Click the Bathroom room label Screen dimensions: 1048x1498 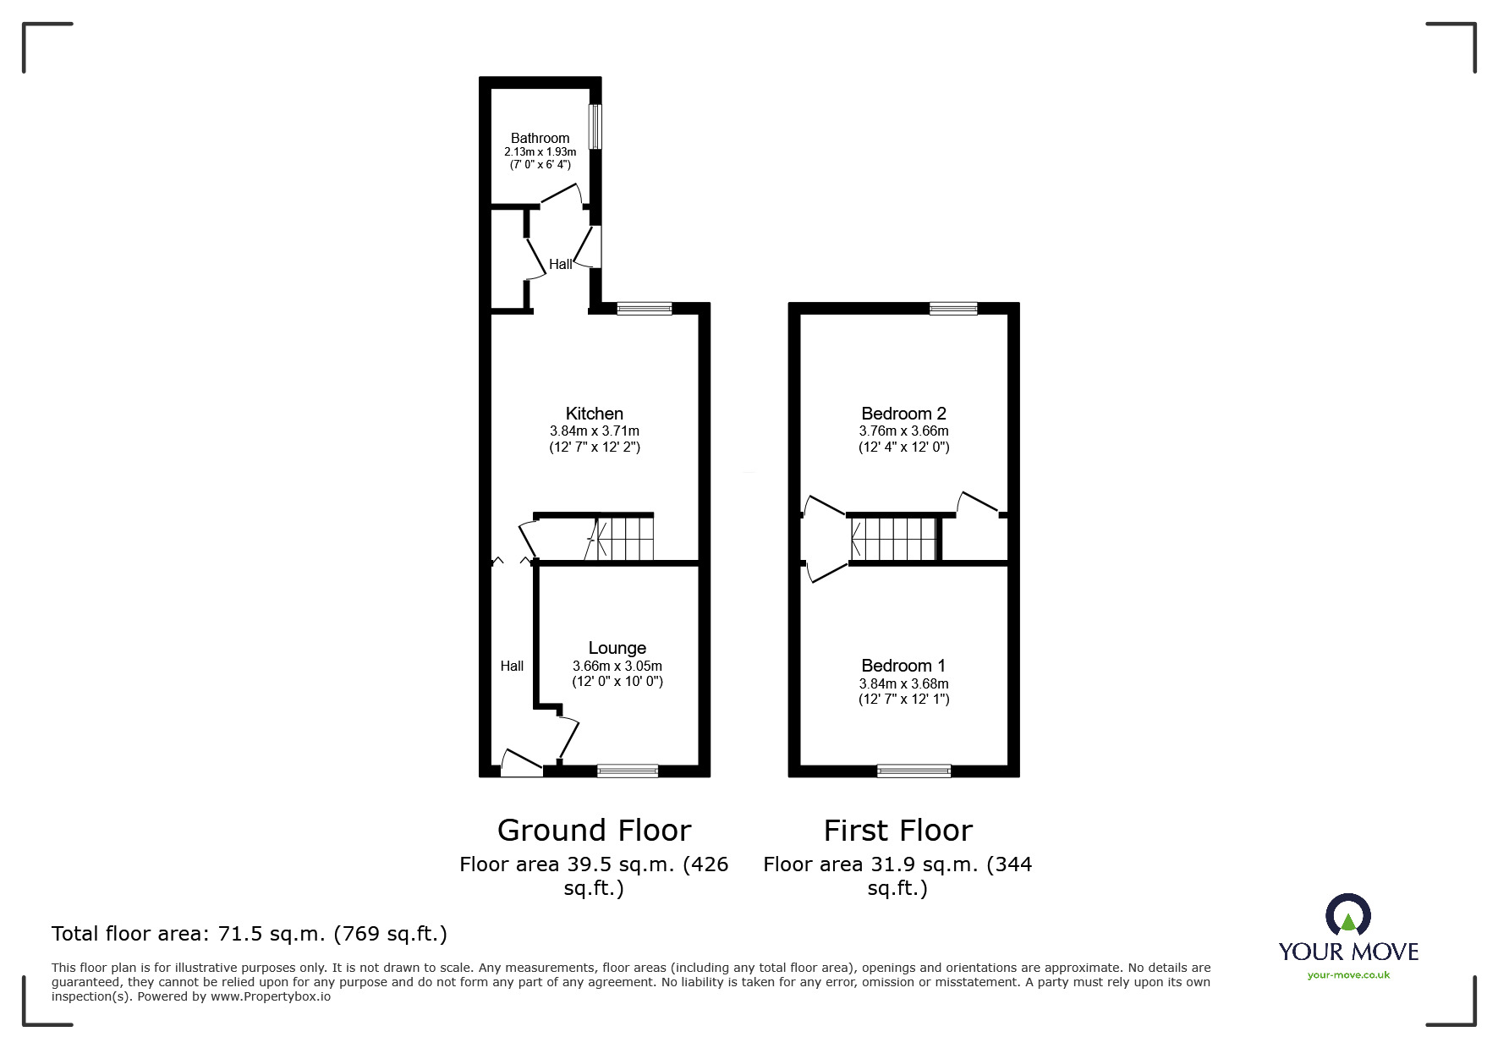point(540,138)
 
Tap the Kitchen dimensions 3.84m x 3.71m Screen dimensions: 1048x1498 point(594,431)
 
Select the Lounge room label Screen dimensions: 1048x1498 point(617,648)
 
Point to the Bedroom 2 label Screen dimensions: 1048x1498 point(903,414)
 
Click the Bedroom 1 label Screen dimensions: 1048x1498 point(903,666)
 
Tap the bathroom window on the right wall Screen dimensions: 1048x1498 point(595,126)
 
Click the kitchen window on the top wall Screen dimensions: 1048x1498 point(644,309)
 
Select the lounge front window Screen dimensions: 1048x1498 point(627,771)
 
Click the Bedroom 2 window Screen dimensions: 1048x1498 point(952,309)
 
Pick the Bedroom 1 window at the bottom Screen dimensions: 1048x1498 point(914,771)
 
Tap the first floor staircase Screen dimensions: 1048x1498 point(894,539)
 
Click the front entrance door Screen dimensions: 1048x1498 point(521,764)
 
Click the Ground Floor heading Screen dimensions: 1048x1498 point(594,831)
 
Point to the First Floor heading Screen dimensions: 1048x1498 point(897,831)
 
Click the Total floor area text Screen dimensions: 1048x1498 point(250,934)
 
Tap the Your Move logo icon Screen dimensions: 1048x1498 point(1347,916)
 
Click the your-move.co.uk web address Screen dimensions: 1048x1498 point(1348,975)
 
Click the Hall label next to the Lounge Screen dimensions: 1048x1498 point(512,666)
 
